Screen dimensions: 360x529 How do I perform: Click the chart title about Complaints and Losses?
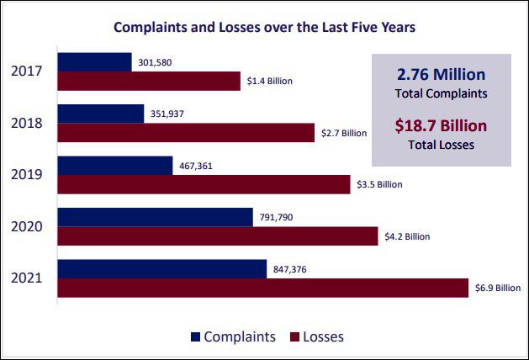coord(265,27)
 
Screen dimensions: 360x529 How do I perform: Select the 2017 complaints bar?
coord(94,62)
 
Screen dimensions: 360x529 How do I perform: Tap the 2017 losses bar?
coord(149,81)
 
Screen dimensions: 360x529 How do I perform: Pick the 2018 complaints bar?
coord(101,114)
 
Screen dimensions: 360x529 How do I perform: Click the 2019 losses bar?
coord(204,184)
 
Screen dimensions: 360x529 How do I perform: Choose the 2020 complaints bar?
coord(155,217)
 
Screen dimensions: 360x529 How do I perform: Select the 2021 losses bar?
coord(262,288)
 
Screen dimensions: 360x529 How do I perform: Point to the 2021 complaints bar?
coord(162,268)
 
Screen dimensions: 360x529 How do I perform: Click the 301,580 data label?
coord(156,62)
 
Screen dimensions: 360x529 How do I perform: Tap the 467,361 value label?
coord(198,166)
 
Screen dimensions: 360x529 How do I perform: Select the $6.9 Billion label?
coord(496,289)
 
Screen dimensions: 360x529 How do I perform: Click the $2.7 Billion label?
coord(344,133)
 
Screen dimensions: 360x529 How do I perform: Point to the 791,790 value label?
coord(278,217)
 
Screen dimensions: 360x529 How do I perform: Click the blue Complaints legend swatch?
coord(196,336)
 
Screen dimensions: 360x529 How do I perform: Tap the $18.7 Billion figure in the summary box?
coord(442,126)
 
